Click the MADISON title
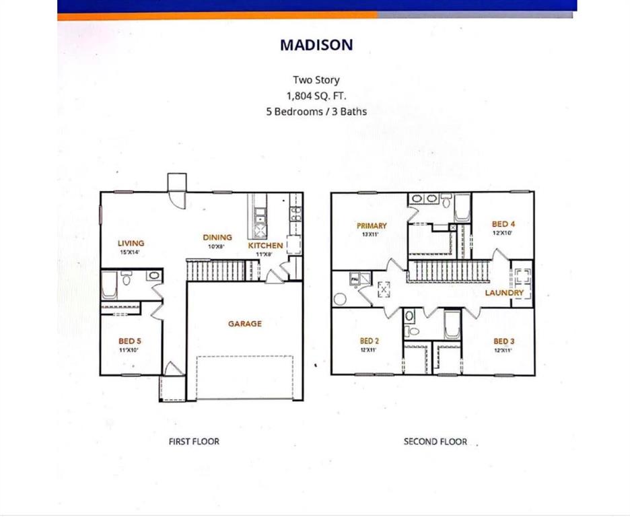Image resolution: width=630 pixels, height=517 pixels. [x=316, y=45]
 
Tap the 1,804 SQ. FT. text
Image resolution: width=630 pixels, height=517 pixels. [x=316, y=96]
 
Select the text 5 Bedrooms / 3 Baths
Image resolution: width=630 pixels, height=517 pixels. [x=316, y=111]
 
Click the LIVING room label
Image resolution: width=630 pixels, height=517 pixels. [x=131, y=243]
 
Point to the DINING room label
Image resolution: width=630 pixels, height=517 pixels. [x=217, y=237]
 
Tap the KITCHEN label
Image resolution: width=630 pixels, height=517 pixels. [x=265, y=246]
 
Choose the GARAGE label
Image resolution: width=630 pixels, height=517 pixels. [x=244, y=324]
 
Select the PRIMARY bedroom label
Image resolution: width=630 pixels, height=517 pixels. [x=372, y=226]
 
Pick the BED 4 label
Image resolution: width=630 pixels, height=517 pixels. [x=503, y=224]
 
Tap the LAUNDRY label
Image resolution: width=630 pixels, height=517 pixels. [x=504, y=293]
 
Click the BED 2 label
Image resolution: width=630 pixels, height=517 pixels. [x=370, y=341]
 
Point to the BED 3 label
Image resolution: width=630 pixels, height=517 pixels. [x=503, y=341]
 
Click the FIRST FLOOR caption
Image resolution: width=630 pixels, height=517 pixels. [x=194, y=442]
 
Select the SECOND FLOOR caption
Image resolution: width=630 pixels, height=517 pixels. [x=435, y=442]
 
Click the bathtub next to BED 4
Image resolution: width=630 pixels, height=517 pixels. [x=462, y=209]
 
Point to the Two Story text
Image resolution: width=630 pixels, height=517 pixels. [x=316, y=80]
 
